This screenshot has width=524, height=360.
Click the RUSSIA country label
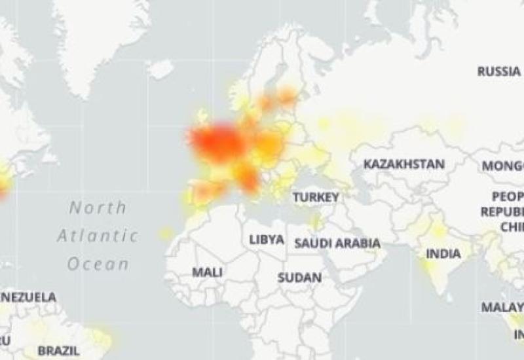click(x=498, y=71)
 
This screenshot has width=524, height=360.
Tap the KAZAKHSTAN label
click(x=404, y=164)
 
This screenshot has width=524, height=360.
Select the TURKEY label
click(x=316, y=196)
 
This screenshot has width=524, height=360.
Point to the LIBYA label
click(x=267, y=240)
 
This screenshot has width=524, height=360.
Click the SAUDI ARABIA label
click(x=337, y=243)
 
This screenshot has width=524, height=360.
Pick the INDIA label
click(x=443, y=253)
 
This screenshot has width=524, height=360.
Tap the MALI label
click(x=207, y=272)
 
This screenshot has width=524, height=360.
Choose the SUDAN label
click(x=299, y=278)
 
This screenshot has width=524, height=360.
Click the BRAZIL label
click(x=58, y=351)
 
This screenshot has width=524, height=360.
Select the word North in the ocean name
click(x=98, y=208)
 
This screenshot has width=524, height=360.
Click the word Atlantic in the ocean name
click(x=98, y=236)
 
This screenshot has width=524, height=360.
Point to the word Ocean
click(x=98, y=264)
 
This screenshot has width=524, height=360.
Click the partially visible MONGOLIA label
click(x=503, y=166)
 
